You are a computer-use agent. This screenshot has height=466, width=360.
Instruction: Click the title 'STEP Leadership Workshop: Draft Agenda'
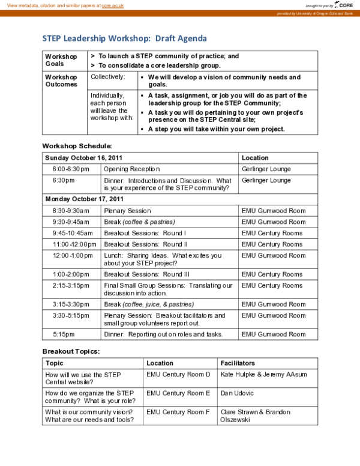(x=124, y=38)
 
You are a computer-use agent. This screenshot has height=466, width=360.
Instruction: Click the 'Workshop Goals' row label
(x=61, y=60)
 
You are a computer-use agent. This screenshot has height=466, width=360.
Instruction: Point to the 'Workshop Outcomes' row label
(x=61, y=81)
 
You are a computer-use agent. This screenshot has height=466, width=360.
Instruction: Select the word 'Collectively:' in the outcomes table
(x=108, y=77)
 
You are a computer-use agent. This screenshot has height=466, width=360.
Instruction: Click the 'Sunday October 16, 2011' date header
(x=84, y=158)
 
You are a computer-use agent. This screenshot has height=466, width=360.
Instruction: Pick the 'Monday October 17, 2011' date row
(x=84, y=199)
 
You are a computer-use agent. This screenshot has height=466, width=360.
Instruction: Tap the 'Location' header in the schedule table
(x=255, y=158)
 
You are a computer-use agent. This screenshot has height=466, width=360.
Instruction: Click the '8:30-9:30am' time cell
(x=70, y=211)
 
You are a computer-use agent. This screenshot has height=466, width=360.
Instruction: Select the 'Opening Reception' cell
(x=132, y=169)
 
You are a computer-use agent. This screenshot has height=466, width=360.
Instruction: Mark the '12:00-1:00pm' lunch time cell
(x=70, y=256)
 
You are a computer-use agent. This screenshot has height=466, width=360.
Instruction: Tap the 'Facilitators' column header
(x=238, y=363)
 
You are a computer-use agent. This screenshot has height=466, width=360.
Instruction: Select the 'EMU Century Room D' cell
(x=178, y=375)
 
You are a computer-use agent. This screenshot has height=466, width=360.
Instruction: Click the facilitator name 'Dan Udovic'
(x=237, y=393)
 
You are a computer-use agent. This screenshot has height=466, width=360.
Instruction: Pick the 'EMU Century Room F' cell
(x=178, y=412)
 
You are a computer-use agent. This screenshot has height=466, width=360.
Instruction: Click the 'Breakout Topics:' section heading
(x=71, y=351)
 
